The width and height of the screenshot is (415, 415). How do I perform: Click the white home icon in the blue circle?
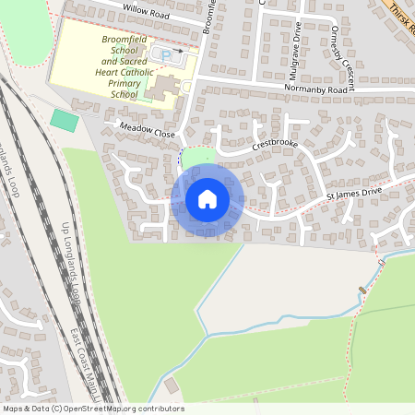pos(207,199)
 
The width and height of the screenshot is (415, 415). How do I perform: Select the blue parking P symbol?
pos(165,55)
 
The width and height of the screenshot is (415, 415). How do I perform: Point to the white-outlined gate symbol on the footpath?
pos(381,265)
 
